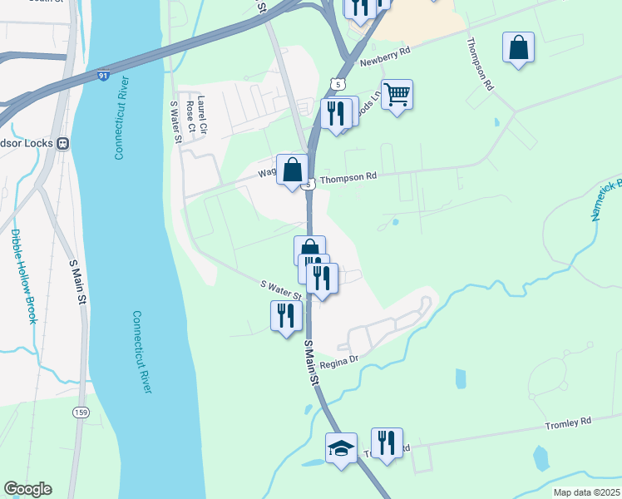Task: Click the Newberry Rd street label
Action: point(386,57)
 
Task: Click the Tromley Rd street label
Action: point(568,422)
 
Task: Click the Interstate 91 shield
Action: point(102,77)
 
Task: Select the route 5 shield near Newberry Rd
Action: point(337,84)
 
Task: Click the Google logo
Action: point(27,489)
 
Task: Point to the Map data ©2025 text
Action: point(585,492)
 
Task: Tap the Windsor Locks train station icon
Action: point(63,142)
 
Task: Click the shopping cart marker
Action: point(397,96)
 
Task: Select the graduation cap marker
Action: point(341,447)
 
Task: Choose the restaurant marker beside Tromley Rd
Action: point(386,442)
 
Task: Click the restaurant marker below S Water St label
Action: point(285,316)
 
